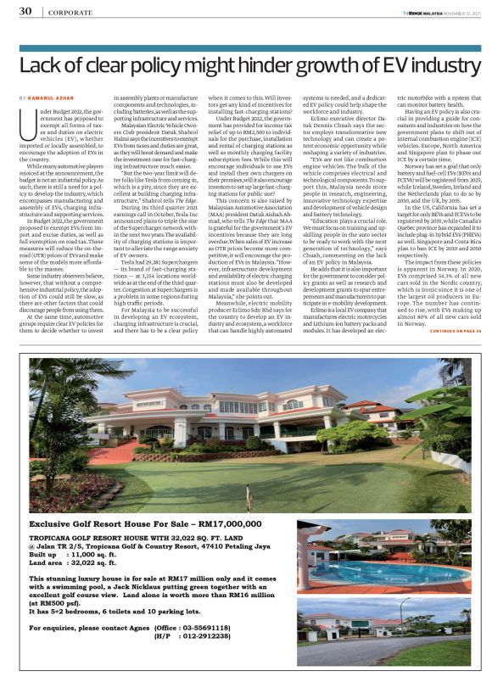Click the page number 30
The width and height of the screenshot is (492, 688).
pos(25,11)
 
